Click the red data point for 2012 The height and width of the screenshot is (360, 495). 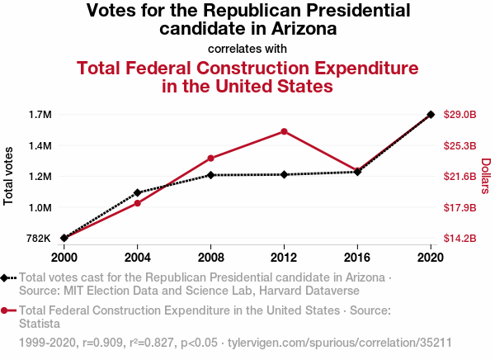284,131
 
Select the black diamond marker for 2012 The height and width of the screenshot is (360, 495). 284,174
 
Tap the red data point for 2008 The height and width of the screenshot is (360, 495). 211,158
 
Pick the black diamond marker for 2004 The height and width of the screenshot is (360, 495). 138,192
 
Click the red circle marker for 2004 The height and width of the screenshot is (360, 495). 138,203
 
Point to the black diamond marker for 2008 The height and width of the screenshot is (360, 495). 211,175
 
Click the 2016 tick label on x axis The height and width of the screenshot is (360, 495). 357,256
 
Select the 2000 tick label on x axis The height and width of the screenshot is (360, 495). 64,256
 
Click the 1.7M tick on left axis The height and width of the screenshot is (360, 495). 40,115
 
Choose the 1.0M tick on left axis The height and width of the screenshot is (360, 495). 40,207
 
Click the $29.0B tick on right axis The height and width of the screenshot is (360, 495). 460,115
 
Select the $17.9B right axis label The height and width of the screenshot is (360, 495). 460,207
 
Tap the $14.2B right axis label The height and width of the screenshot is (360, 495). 460,239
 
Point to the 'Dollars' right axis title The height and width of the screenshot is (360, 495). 486,176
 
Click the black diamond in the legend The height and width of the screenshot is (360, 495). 5,278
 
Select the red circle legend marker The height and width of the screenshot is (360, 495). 5,310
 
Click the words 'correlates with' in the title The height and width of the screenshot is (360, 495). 247,48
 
